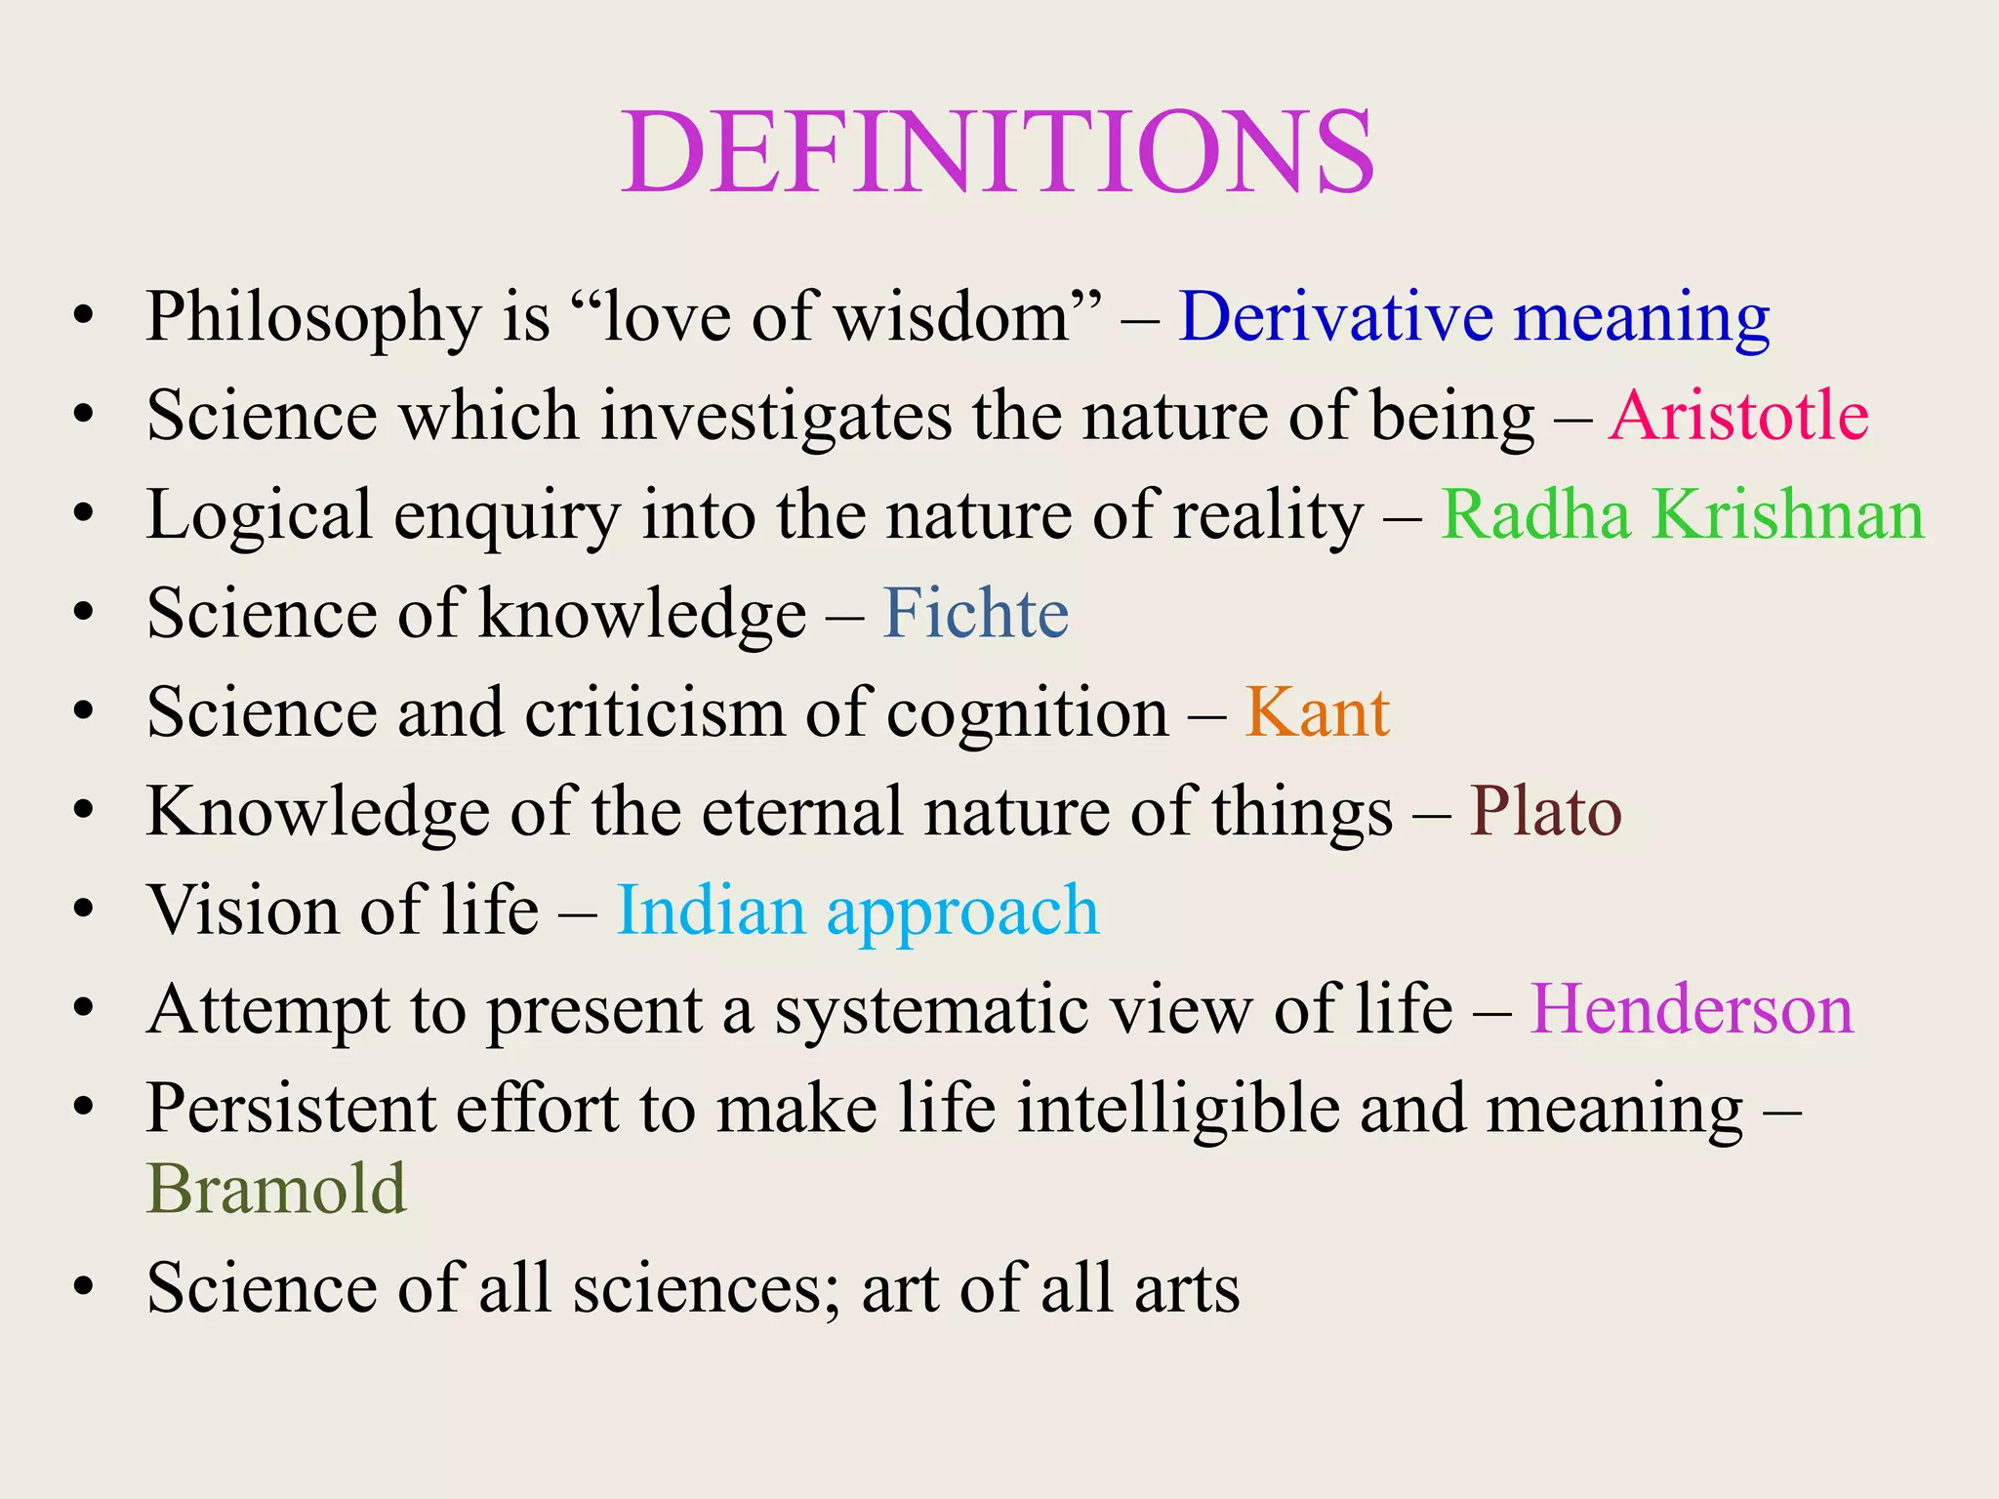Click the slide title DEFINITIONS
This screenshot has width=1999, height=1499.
tap(998, 153)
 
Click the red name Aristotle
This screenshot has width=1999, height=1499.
tap(1738, 417)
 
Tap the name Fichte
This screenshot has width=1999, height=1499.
tap(976, 614)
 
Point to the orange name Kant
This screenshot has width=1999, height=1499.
tap(1317, 712)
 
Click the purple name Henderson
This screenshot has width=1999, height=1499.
tap(1692, 1009)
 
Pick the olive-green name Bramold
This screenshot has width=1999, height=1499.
tap(276, 1190)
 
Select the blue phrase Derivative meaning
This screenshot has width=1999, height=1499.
tap(1474, 318)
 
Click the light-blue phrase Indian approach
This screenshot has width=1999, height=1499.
tap(858, 912)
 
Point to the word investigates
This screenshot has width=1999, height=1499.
tap(776, 417)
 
